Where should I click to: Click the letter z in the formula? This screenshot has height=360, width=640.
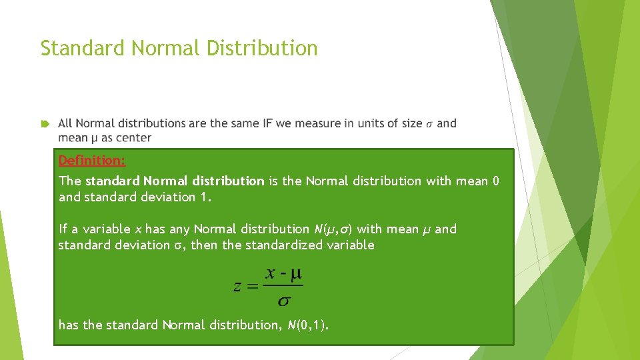pyautogui.click(x=237, y=287)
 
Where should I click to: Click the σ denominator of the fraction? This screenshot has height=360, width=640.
pyautogui.click(x=284, y=301)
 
